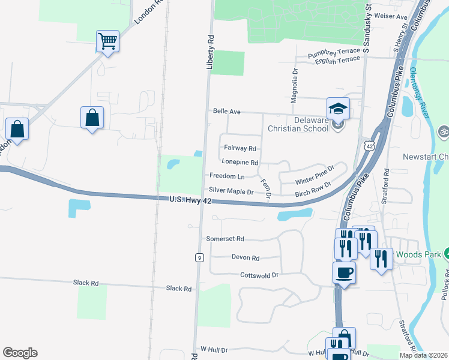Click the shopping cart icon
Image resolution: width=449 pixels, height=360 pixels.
click(107, 41)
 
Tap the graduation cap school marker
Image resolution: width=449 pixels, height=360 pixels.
click(338, 109)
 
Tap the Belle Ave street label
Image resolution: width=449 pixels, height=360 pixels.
click(226, 112)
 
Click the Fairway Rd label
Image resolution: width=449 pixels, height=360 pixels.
click(240, 148)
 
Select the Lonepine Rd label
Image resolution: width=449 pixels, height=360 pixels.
click(240, 162)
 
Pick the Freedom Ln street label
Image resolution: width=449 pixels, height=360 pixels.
click(227, 176)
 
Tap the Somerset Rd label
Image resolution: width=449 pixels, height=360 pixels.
click(225, 238)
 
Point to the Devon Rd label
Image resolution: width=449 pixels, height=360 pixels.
click(245, 258)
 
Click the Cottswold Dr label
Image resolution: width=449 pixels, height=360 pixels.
click(259, 275)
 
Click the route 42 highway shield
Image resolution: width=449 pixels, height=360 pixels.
click(368, 145)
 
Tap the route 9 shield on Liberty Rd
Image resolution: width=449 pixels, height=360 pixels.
click(199, 257)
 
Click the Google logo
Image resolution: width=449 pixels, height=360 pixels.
click(20, 353)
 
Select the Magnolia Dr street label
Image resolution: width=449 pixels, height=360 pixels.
click(295, 86)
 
